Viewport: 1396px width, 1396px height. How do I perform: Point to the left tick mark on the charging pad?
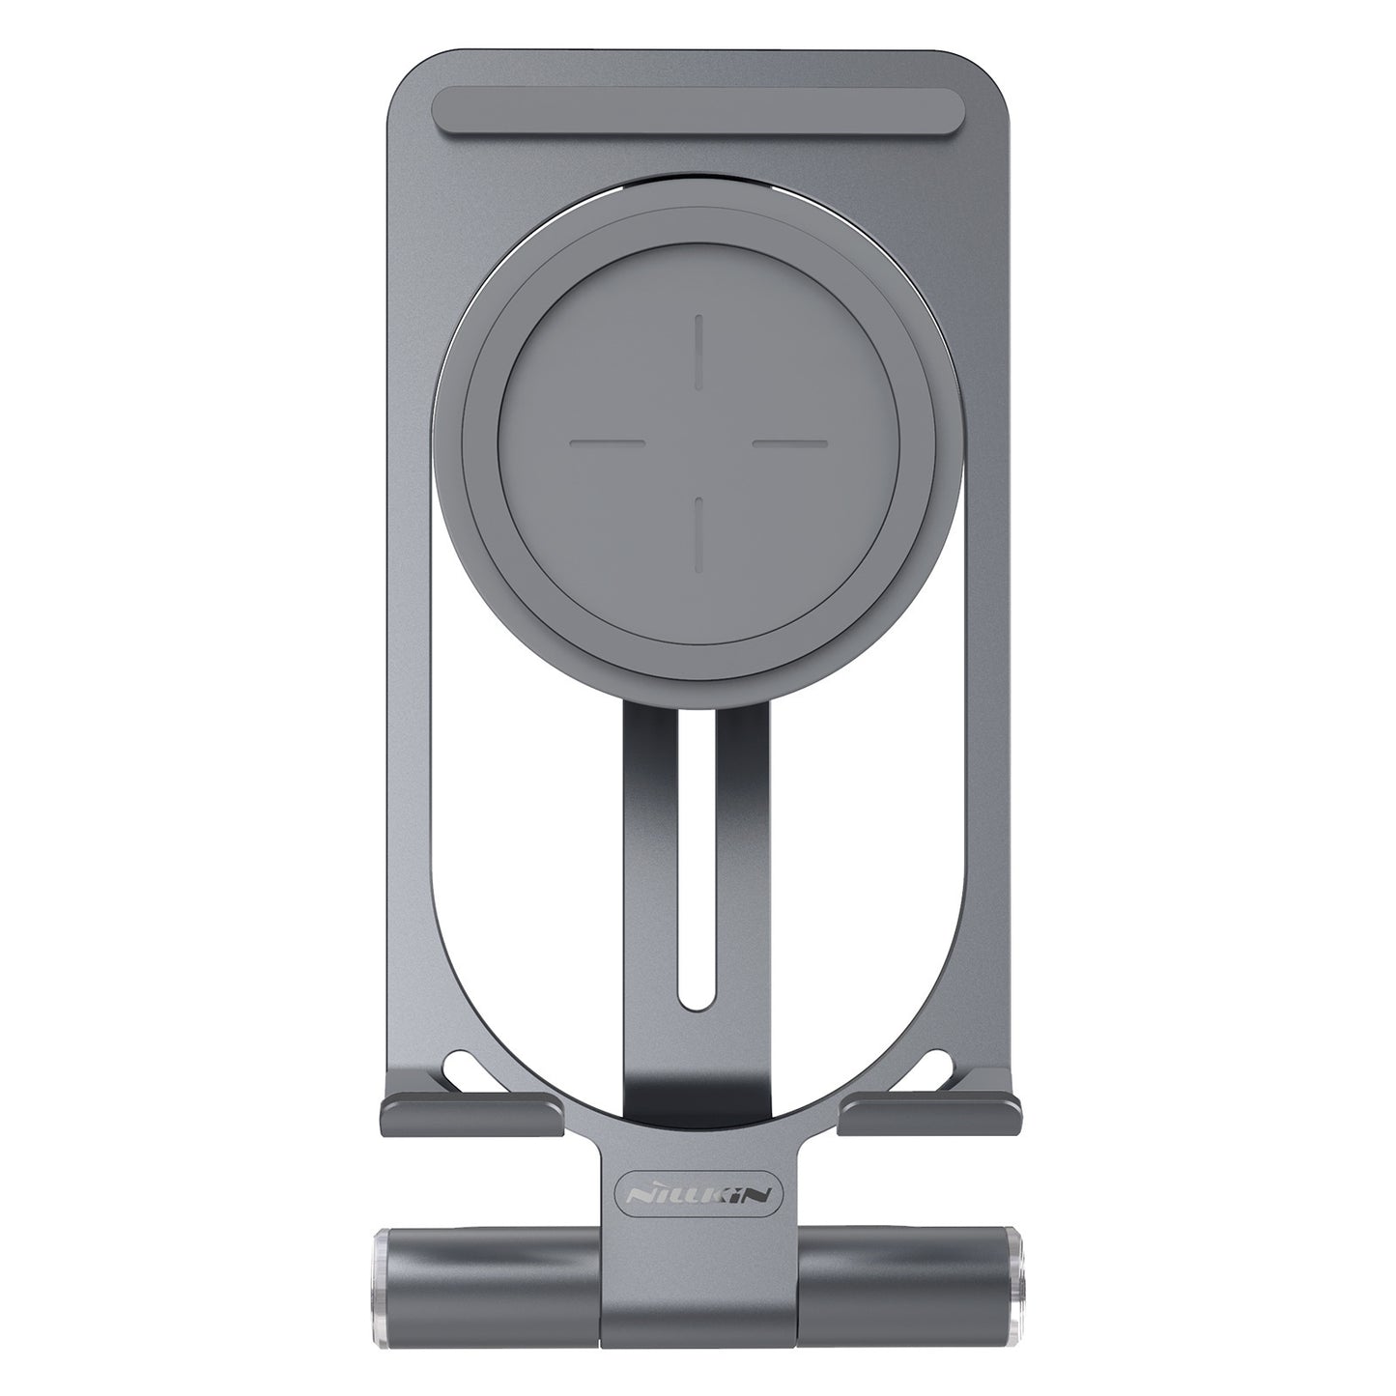607,442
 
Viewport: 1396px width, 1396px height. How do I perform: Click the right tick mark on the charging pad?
789,442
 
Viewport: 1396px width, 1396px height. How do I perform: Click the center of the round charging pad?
698,442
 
